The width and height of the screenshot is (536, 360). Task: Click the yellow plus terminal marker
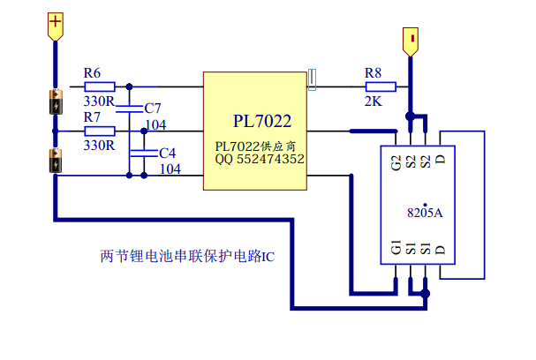click(x=56, y=26)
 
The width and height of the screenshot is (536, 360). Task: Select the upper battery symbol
click(x=56, y=102)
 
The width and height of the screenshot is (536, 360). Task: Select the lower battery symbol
click(x=56, y=162)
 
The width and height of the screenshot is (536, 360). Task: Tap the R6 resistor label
click(x=93, y=72)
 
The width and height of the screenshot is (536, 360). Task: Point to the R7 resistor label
click(x=93, y=116)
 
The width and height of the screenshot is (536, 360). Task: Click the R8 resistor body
click(x=380, y=86)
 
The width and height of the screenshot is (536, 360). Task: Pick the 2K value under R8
click(x=373, y=101)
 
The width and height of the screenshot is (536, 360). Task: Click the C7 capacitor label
click(x=152, y=108)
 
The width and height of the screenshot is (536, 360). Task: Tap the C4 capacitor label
click(x=167, y=153)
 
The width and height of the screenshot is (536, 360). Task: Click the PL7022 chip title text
click(x=262, y=120)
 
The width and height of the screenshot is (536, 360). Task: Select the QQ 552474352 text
click(x=260, y=159)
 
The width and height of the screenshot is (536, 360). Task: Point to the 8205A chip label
click(x=425, y=213)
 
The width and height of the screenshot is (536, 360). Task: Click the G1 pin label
click(x=396, y=251)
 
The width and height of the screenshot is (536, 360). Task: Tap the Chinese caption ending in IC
click(x=188, y=258)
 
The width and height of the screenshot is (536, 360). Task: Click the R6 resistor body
click(x=99, y=86)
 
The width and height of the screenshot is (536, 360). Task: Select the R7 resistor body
click(x=99, y=131)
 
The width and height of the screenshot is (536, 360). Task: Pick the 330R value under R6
click(x=99, y=101)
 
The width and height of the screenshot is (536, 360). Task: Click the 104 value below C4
click(x=170, y=168)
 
